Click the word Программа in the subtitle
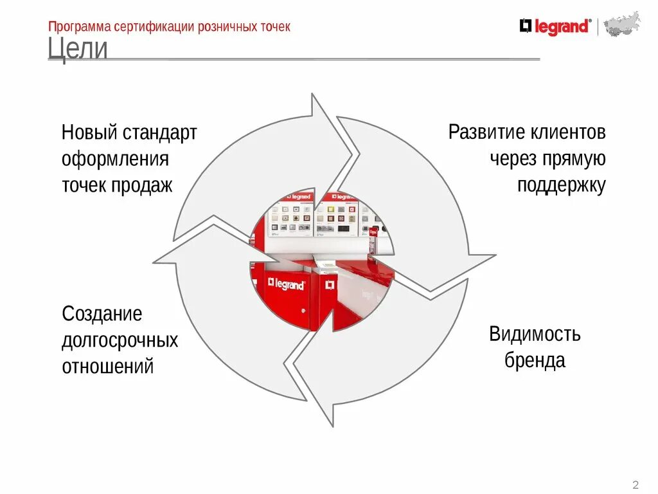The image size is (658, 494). point(79,27)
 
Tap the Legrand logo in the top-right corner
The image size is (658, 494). point(554,27)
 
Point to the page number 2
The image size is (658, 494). point(636,484)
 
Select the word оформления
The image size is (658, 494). point(115,160)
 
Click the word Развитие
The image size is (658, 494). point(486,133)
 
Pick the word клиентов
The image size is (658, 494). point(568,133)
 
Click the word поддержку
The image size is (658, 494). point(561,185)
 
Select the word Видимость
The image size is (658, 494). point(535,334)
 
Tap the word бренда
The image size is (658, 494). point(535,360)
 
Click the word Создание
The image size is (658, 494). point(102,315)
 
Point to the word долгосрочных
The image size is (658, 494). point(120,340)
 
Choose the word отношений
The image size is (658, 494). point(108,367)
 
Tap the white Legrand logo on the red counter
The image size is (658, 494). point(287,284)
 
